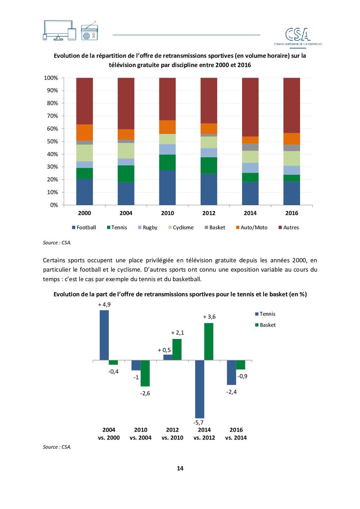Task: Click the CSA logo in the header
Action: (x=298, y=36)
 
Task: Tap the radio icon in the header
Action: (x=89, y=32)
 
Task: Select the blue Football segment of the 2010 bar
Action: (x=167, y=187)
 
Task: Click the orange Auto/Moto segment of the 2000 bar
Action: (x=84, y=133)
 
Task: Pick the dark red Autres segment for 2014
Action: (x=250, y=107)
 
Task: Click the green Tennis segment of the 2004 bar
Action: (x=126, y=174)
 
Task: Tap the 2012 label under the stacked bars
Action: (x=209, y=213)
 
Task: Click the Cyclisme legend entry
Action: (x=181, y=227)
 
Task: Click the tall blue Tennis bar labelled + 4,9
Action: (x=104, y=335)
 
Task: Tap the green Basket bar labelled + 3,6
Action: (x=209, y=341)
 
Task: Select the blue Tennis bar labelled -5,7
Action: (x=200, y=389)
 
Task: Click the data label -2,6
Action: (x=145, y=393)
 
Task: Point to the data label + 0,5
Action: (x=164, y=350)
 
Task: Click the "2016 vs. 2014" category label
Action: (x=236, y=434)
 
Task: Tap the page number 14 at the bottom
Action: (x=180, y=468)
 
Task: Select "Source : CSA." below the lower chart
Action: (x=57, y=447)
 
